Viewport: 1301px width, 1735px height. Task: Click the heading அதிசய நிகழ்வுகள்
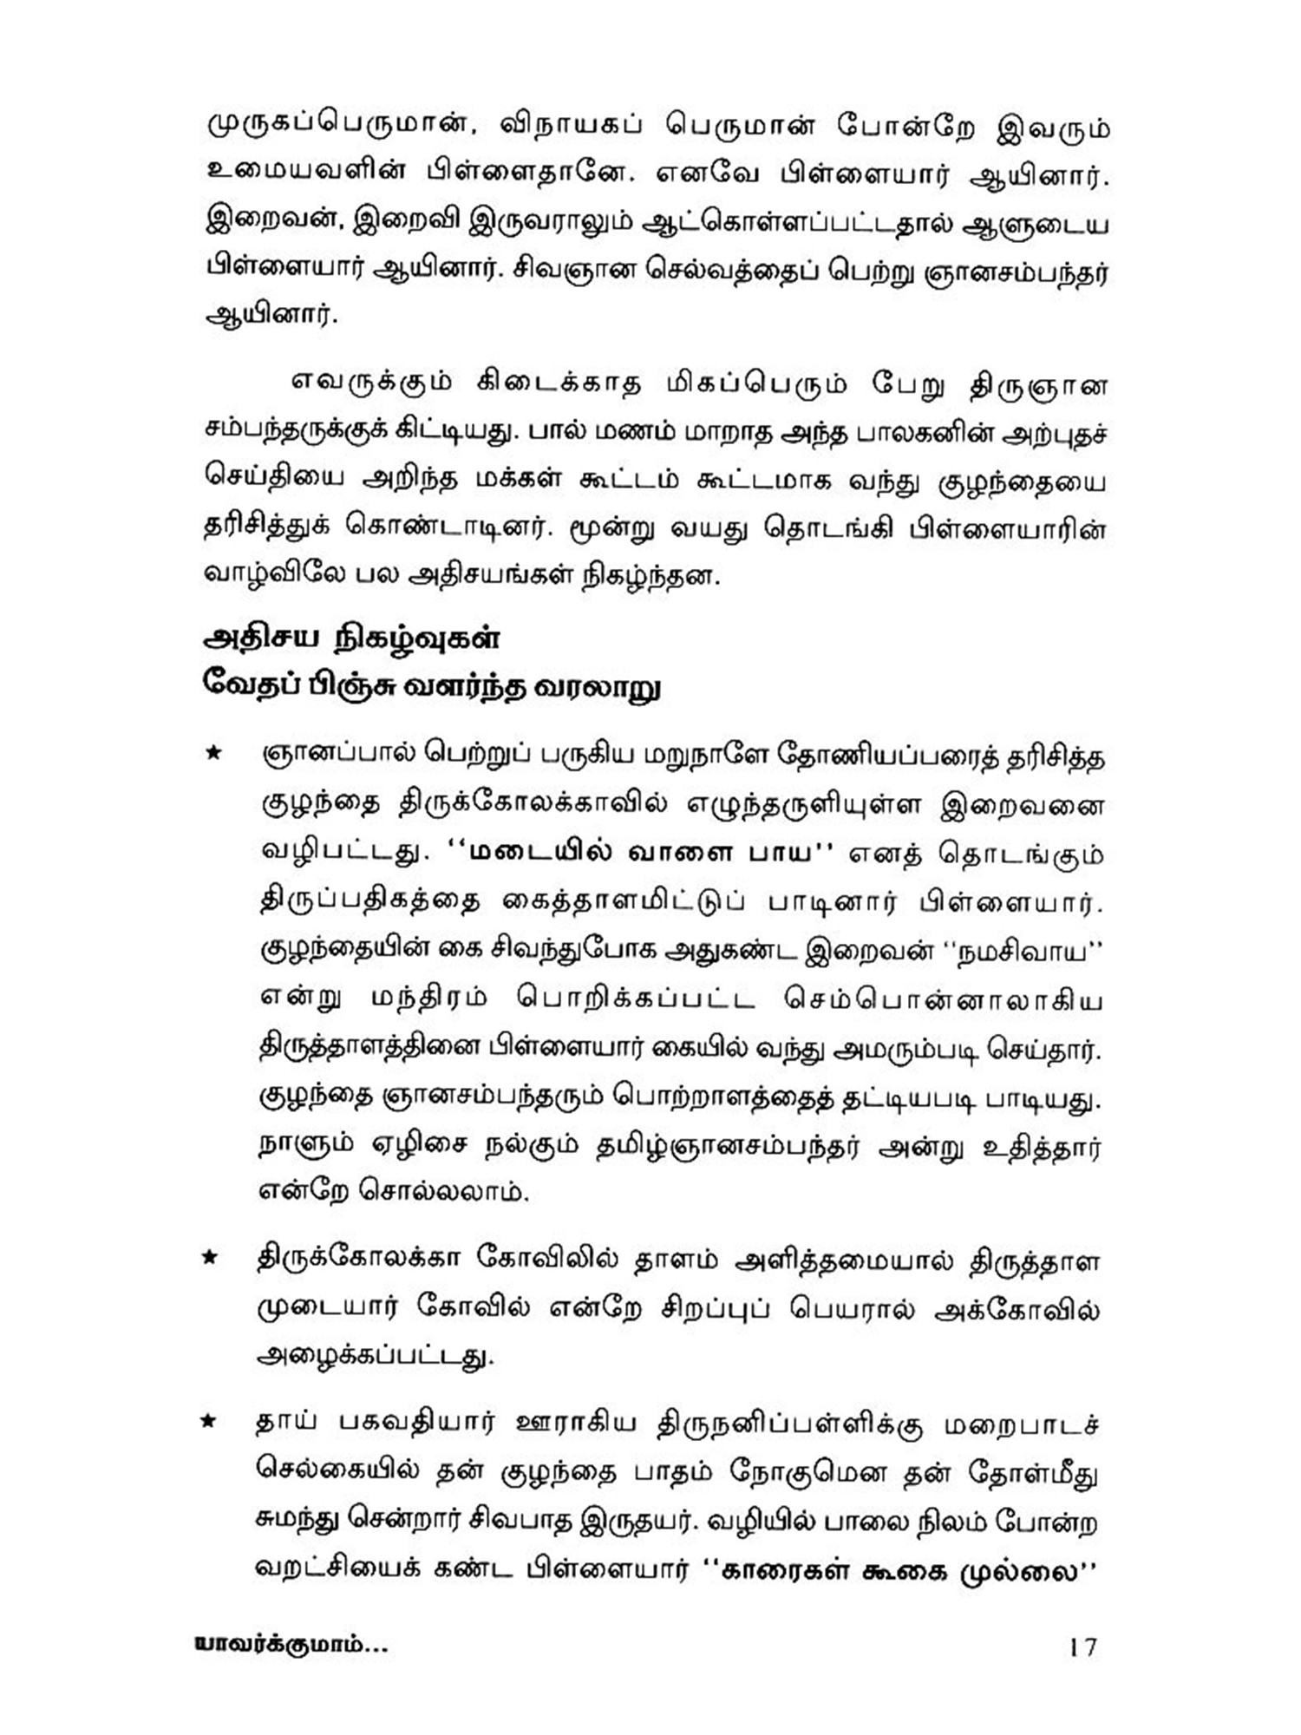351,638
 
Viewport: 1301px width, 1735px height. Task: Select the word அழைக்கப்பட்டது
376,1356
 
